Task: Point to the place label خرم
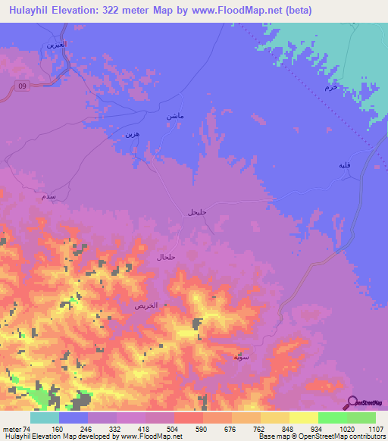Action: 330,88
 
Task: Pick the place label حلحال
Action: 165,258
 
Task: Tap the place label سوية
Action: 242,355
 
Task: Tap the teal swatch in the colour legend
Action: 45,418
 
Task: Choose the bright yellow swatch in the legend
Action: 304,418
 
